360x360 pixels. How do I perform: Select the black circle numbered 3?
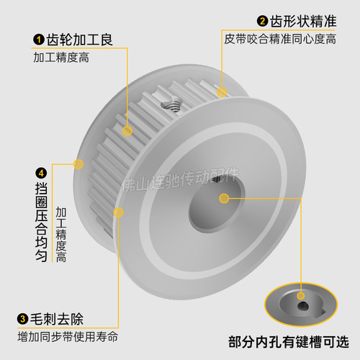tap(24, 319)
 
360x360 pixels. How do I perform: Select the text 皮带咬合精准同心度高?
tap(280, 39)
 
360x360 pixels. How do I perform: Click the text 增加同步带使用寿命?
tap(68, 337)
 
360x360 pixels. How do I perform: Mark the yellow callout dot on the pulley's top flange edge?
tap(222, 91)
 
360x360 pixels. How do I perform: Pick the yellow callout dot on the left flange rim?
tap(78, 164)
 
